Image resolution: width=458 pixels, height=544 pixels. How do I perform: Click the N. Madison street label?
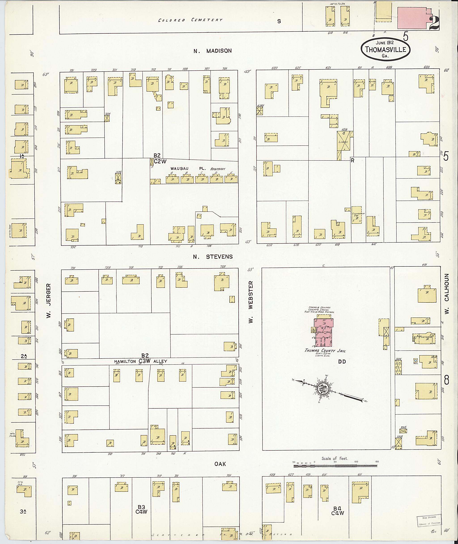click(212, 51)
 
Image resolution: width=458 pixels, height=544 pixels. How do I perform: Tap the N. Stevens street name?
click(213, 257)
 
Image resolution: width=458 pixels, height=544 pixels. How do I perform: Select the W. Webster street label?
click(250, 302)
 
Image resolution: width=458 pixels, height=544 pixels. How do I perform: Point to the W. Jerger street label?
click(49, 301)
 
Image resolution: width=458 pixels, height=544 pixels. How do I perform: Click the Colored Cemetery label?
click(190, 20)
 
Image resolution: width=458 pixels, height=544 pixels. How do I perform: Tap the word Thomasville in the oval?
click(385, 49)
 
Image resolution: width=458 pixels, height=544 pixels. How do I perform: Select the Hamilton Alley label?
click(141, 361)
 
